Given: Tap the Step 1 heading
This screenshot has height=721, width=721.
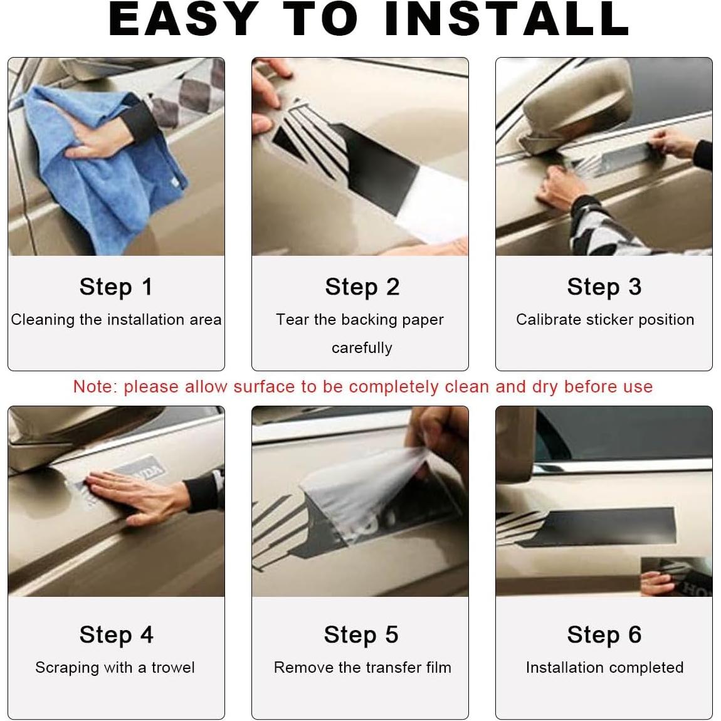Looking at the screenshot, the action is pyautogui.click(x=116, y=287).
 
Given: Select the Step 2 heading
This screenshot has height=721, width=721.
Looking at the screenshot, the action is pyautogui.click(x=362, y=287).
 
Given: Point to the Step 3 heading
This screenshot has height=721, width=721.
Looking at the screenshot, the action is pyautogui.click(x=604, y=287).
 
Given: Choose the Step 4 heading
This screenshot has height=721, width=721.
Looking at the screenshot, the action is pyautogui.click(x=117, y=635).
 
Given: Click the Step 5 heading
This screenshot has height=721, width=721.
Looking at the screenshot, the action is pyautogui.click(x=361, y=635).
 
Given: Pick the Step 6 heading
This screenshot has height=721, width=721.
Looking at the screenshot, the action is pyautogui.click(x=604, y=635).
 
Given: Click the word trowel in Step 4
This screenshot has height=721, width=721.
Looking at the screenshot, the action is pyautogui.click(x=173, y=667).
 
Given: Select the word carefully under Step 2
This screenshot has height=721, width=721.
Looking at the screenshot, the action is pyautogui.click(x=362, y=347).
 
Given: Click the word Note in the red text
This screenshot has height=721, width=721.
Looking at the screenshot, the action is pyautogui.click(x=92, y=387).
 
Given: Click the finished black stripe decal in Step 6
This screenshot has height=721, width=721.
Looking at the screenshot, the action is pyautogui.click(x=597, y=527).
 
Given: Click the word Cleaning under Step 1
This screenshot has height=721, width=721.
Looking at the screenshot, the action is pyautogui.click(x=43, y=320).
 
